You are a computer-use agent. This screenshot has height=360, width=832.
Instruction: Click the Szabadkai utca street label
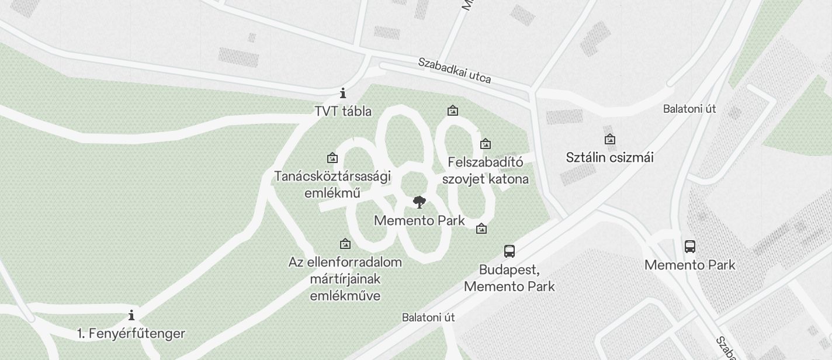click(454, 70)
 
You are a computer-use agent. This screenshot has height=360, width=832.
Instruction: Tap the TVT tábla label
click(343, 111)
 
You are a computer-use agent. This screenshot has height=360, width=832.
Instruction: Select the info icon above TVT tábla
click(343, 93)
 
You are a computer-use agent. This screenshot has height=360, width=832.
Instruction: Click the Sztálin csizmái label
click(609, 157)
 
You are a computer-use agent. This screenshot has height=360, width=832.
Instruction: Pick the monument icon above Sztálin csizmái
click(609, 139)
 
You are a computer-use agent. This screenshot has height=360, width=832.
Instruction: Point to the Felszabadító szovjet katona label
click(486, 170)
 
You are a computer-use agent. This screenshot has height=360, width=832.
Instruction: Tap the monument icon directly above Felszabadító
click(485, 144)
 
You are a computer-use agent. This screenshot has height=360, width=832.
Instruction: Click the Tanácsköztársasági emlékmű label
click(332, 184)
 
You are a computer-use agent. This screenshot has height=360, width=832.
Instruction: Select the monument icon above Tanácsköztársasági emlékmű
click(332, 158)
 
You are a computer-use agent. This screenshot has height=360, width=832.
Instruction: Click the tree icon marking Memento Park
click(419, 203)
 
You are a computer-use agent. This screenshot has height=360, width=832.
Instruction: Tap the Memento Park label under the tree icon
click(419, 220)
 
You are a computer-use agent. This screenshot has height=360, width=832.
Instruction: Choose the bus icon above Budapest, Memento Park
click(509, 251)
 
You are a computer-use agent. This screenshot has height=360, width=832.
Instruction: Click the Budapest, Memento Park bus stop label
click(509, 278)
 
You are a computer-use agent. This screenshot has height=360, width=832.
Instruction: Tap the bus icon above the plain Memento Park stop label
click(689, 246)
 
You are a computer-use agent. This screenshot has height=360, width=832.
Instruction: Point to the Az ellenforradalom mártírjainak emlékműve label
click(345, 279)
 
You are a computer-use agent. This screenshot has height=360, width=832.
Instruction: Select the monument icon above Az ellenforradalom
click(345, 244)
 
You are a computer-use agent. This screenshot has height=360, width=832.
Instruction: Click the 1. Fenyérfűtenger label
click(131, 334)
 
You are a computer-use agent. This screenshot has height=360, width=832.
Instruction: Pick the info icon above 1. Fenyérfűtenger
click(131, 316)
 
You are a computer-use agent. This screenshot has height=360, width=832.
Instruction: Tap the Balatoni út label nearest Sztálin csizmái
click(689, 109)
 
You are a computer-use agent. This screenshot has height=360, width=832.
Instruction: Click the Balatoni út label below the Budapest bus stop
click(428, 317)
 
